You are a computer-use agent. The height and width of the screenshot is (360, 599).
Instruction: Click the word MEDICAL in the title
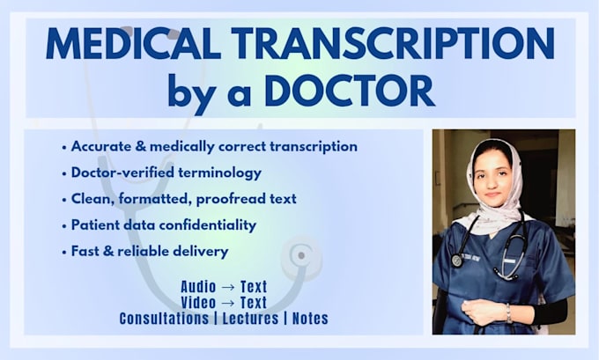133,43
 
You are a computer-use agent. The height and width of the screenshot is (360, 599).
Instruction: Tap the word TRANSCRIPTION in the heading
393,43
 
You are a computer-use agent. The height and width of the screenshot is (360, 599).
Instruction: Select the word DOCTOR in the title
350,91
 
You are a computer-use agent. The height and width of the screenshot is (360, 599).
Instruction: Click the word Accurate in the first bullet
101,146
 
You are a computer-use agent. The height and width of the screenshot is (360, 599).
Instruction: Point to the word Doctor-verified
122,173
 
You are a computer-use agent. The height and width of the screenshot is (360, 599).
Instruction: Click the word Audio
198,287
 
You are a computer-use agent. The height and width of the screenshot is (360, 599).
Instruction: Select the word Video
198,303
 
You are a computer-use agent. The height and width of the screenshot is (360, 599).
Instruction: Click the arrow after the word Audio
228,287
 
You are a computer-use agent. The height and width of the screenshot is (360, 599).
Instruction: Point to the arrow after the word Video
228,303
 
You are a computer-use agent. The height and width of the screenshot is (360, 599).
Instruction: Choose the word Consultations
164,319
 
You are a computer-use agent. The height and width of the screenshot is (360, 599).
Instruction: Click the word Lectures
250,319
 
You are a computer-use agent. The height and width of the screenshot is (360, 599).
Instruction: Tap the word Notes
310,319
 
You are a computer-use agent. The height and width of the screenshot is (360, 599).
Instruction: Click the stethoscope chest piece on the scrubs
457,261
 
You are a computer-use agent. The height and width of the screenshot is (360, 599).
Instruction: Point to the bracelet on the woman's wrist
509,313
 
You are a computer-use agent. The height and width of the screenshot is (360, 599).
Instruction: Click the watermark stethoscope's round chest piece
301,255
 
